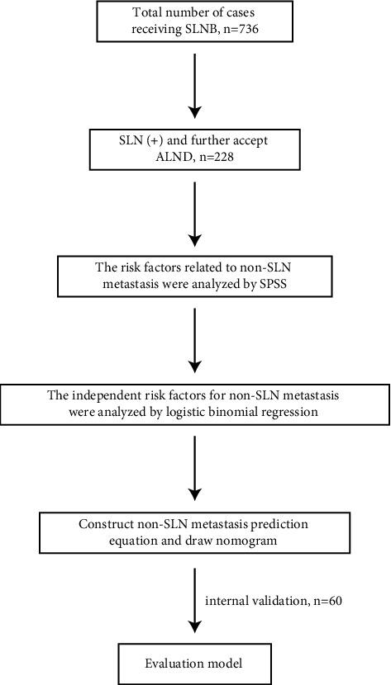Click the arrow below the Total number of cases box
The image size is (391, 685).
[x=195, y=83]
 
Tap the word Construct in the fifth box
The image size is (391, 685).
[x=106, y=522]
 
